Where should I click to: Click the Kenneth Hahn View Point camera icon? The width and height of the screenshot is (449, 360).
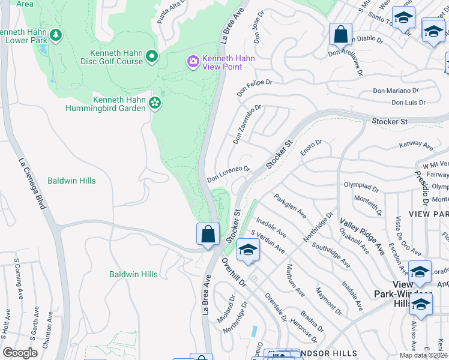[193, 62]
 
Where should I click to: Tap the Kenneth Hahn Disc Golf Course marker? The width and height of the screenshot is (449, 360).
[152, 57]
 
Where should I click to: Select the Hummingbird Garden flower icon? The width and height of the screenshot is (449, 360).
[155, 103]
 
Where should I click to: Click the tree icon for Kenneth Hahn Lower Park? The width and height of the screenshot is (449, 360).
[56, 35]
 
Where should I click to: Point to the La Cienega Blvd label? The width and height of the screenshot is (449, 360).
[32, 183]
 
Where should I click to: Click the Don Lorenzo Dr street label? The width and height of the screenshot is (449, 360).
[228, 174]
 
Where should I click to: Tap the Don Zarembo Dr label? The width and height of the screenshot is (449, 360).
[247, 125]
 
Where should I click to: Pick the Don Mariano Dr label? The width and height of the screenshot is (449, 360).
[395, 91]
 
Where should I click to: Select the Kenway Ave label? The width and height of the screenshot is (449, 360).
[416, 146]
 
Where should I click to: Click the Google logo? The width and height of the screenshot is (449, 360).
[20, 353]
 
